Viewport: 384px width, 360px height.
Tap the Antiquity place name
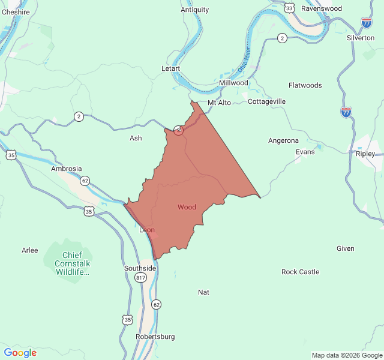(x=195, y=10)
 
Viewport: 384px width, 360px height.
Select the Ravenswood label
(x=321, y=9)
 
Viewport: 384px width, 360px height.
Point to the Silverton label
(x=361, y=38)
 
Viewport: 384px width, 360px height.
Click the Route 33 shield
(x=290, y=8)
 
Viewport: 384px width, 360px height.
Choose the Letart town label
(x=171, y=68)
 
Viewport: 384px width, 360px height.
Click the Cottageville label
(x=267, y=101)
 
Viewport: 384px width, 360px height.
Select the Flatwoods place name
(x=305, y=85)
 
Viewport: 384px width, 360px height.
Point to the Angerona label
(x=283, y=140)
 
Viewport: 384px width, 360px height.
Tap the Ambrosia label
(x=66, y=169)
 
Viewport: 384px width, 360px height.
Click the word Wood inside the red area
(x=187, y=207)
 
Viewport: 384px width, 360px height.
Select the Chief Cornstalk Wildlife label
(x=72, y=263)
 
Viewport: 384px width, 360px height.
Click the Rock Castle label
(x=300, y=272)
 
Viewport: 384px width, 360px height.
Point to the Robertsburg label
(x=155, y=337)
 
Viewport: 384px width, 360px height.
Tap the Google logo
(x=20, y=353)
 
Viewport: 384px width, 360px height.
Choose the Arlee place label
(x=29, y=250)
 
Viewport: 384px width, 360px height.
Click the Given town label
(x=345, y=248)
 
